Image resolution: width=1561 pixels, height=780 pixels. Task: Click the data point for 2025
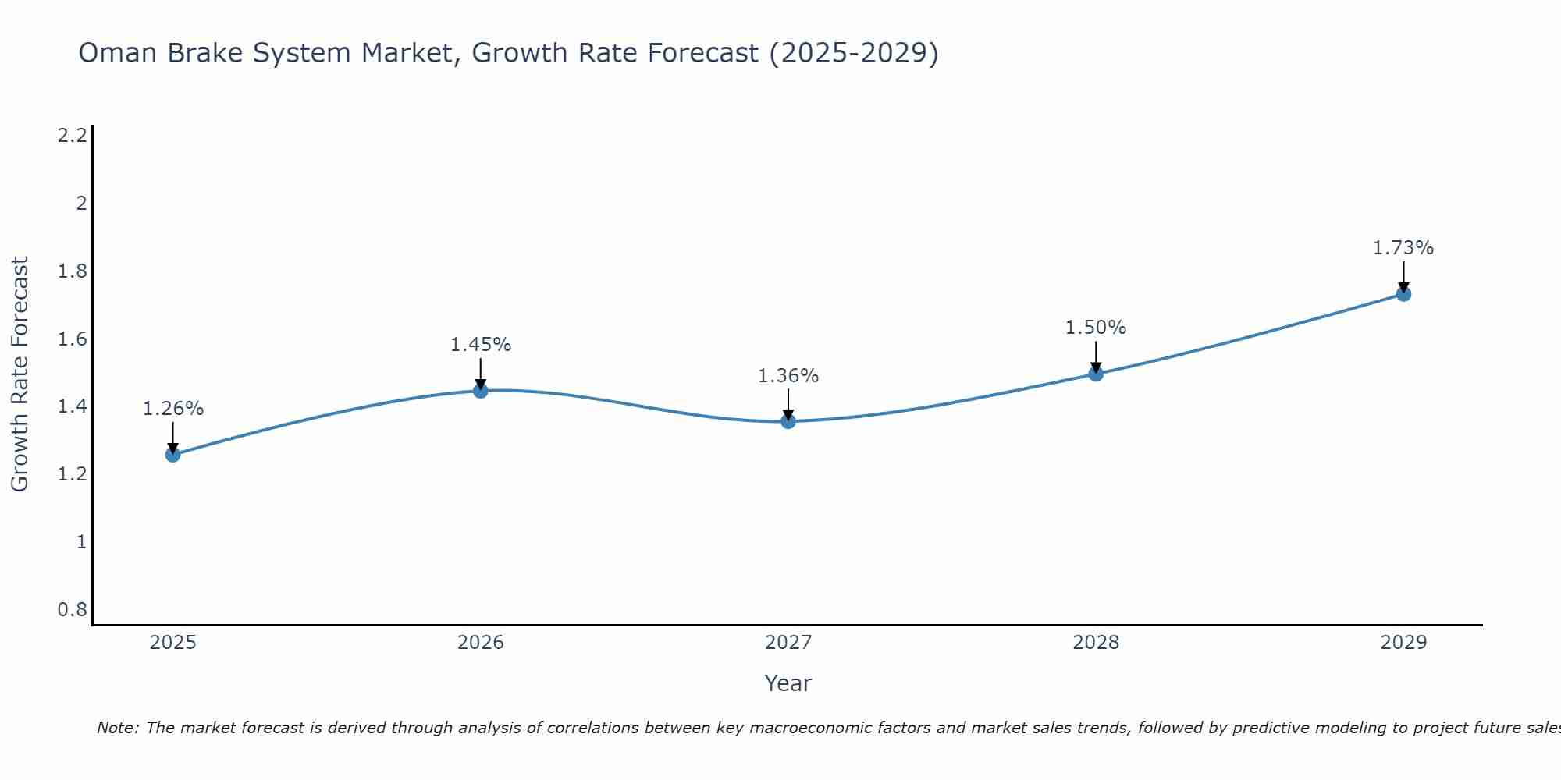coord(173,455)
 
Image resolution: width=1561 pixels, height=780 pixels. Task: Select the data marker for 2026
coord(481,391)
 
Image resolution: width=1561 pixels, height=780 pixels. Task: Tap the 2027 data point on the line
coord(788,421)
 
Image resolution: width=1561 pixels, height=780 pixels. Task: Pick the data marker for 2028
coord(1096,374)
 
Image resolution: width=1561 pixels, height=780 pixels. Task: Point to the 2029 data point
coord(1403,294)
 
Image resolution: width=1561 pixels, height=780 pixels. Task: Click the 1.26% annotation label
coord(173,409)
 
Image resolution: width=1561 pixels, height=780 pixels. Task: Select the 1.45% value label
coord(481,345)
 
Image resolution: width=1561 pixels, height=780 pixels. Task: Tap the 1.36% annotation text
coord(788,376)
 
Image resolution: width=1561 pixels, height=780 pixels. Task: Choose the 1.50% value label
coord(1096,328)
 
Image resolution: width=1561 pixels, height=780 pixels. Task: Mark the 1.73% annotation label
coord(1403,248)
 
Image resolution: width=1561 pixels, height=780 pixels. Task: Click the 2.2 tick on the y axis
coord(73,136)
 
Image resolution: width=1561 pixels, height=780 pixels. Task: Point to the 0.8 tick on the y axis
coord(73,609)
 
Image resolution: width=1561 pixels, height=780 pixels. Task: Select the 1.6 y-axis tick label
coord(73,339)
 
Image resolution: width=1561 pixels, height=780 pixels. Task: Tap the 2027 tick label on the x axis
coord(788,643)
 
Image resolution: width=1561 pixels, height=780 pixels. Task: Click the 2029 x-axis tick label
coord(1403,643)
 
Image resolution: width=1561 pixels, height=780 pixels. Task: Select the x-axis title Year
coord(788,683)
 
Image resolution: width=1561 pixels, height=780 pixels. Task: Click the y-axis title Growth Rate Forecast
coord(20,374)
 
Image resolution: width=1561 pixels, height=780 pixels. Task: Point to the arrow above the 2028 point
coord(1096,357)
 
